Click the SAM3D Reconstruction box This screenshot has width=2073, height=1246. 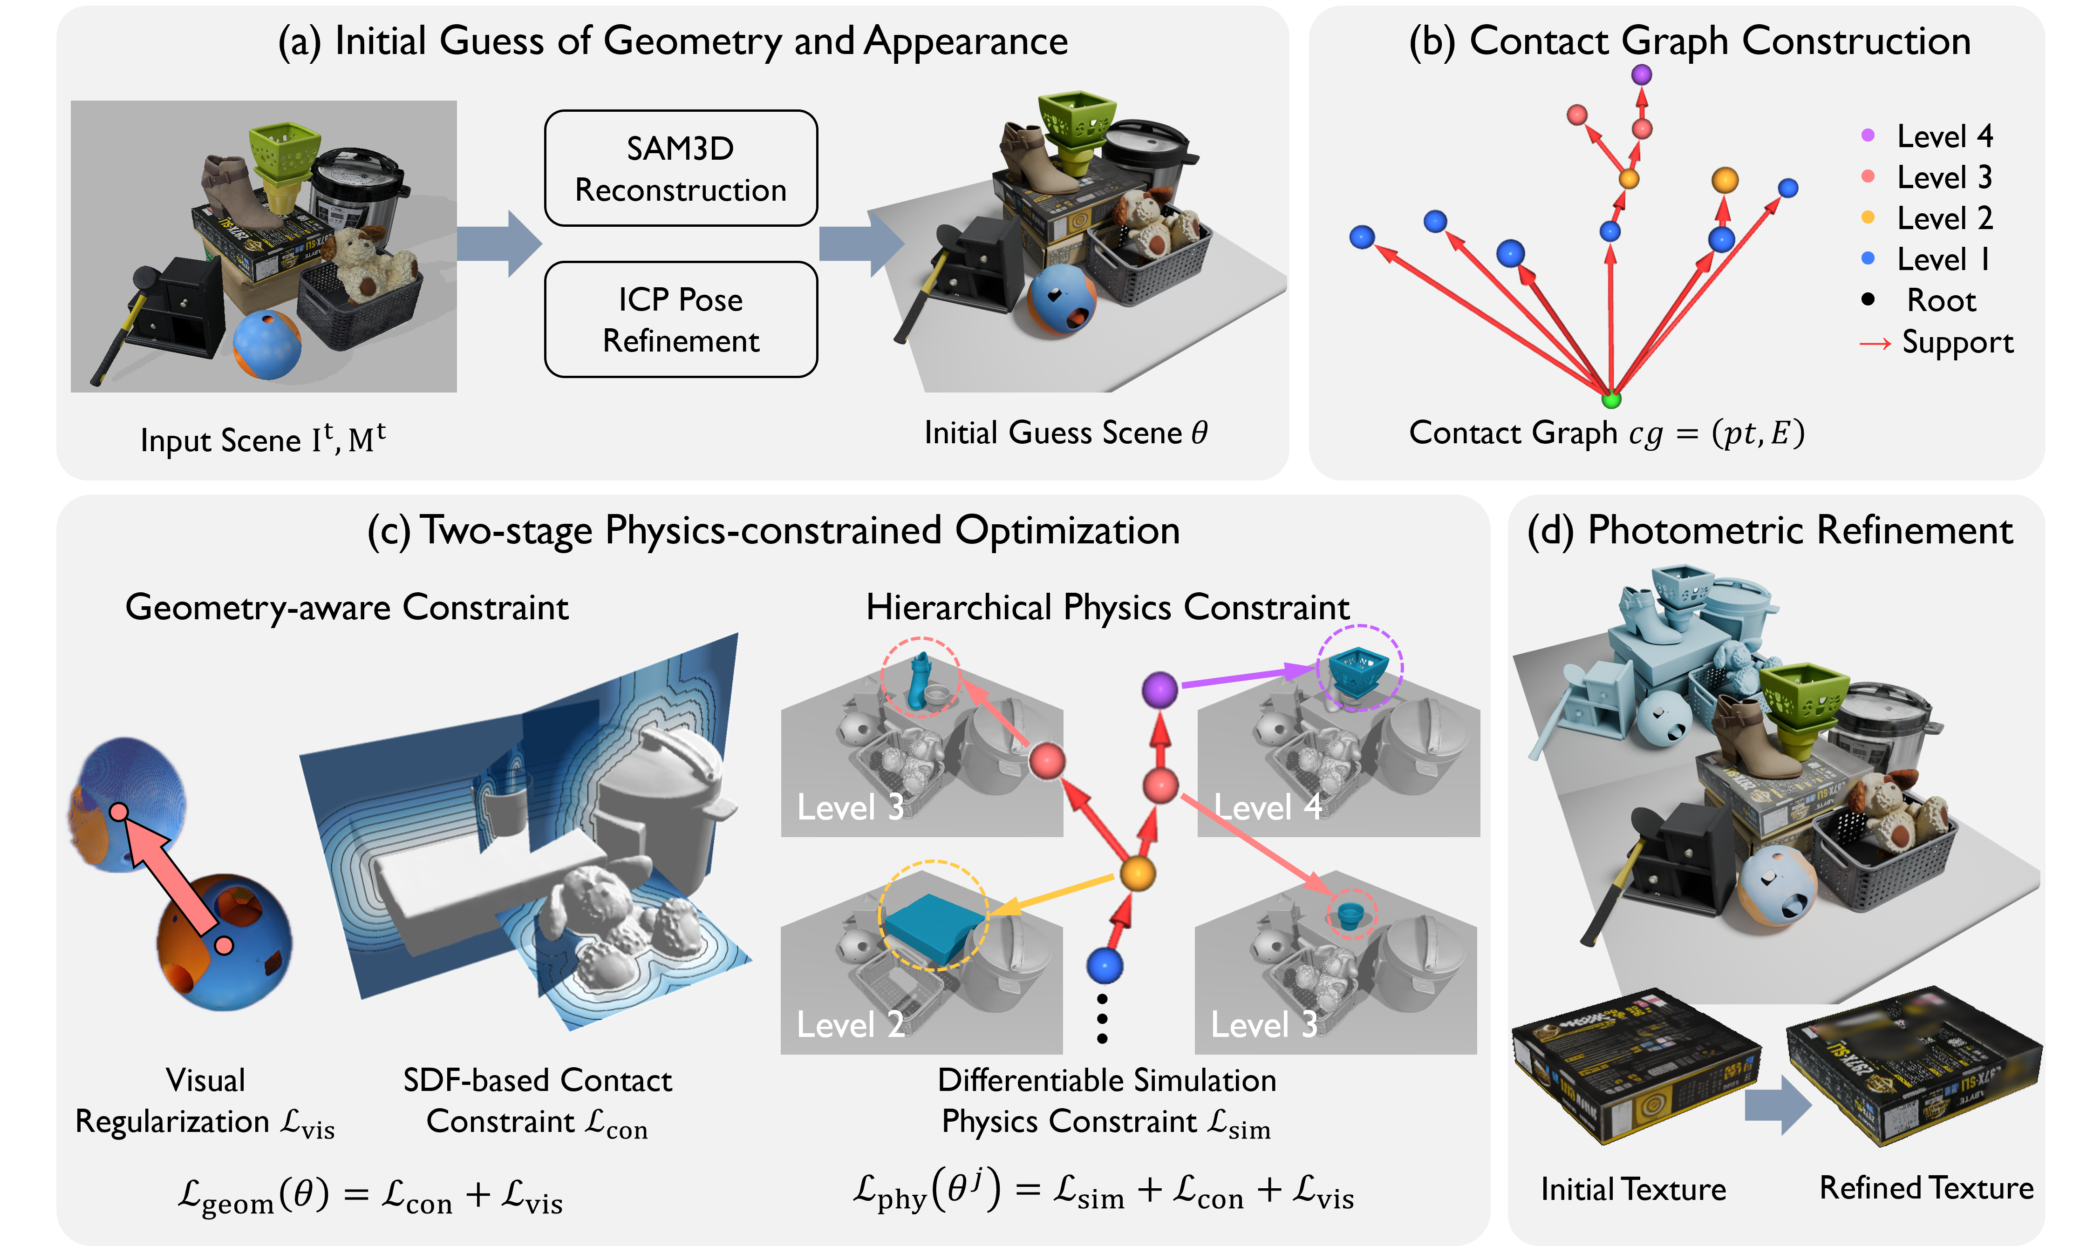point(680,168)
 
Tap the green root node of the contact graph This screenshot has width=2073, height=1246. point(1610,400)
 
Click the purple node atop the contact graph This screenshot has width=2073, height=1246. point(1641,74)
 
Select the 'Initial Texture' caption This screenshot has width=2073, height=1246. point(1633,1189)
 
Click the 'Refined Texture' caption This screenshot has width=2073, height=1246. point(1926,1187)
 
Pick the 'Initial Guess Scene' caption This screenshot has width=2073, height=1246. point(1065,433)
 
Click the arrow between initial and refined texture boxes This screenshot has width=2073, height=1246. point(1777,1105)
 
